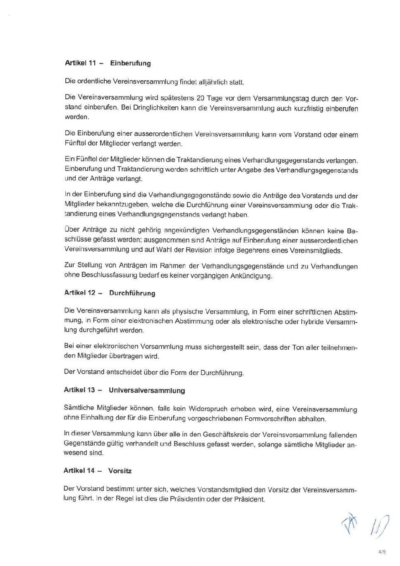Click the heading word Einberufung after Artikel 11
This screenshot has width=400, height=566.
tap(130, 63)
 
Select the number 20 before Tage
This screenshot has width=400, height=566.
tap(201, 98)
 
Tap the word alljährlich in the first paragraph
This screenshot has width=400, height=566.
tap(213, 82)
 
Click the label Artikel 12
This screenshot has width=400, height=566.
tap(80, 293)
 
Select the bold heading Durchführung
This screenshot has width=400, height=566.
tap(132, 293)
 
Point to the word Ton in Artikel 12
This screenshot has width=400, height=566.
tap(298, 348)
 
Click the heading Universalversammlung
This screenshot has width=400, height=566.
tap(147, 390)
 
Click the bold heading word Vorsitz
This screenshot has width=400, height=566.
tap(120, 471)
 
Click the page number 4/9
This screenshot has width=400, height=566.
tap(382, 552)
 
